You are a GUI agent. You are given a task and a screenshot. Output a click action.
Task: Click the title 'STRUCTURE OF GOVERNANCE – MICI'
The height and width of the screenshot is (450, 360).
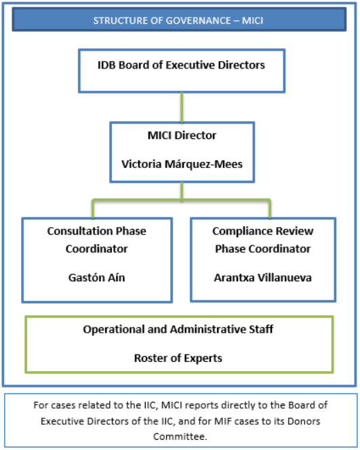[178, 20]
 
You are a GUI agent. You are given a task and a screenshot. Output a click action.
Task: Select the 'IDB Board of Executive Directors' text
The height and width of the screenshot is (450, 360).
[181, 65]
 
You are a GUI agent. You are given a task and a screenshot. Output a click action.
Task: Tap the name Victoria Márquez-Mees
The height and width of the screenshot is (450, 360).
[182, 164]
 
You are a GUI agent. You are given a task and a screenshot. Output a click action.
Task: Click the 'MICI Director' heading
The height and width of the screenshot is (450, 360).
[182, 135]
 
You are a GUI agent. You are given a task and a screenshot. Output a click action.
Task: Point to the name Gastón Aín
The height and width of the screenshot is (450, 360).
[97, 277]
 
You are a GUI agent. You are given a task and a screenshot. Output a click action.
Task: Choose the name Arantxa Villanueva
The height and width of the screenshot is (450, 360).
[262, 277]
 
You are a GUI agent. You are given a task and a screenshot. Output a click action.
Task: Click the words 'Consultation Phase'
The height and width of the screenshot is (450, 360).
[97, 231]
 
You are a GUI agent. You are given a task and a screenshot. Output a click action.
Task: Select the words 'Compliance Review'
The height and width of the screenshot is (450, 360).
[262, 231]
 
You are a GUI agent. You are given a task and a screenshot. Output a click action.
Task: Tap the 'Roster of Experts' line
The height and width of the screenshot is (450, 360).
[178, 358]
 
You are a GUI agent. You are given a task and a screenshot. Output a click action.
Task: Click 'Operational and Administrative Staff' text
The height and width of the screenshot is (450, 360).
[178, 329]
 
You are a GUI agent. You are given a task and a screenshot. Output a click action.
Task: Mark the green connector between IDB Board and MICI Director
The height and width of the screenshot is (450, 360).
[182, 107]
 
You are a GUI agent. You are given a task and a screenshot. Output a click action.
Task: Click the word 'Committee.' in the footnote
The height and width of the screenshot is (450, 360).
[180, 436]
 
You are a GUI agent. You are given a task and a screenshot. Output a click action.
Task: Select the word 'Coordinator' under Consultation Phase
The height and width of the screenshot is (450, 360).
[97, 249]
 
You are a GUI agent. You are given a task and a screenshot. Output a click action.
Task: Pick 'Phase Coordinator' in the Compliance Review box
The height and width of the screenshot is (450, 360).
[262, 249]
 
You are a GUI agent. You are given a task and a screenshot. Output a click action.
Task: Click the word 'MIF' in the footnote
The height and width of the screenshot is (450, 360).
[222, 421]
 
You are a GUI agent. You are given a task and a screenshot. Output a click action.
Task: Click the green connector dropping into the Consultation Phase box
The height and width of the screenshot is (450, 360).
[93, 209]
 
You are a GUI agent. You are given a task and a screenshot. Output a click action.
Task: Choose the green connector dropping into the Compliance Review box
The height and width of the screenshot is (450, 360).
[270, 209]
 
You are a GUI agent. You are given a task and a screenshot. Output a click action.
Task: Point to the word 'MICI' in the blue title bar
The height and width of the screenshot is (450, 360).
[253, 20]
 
